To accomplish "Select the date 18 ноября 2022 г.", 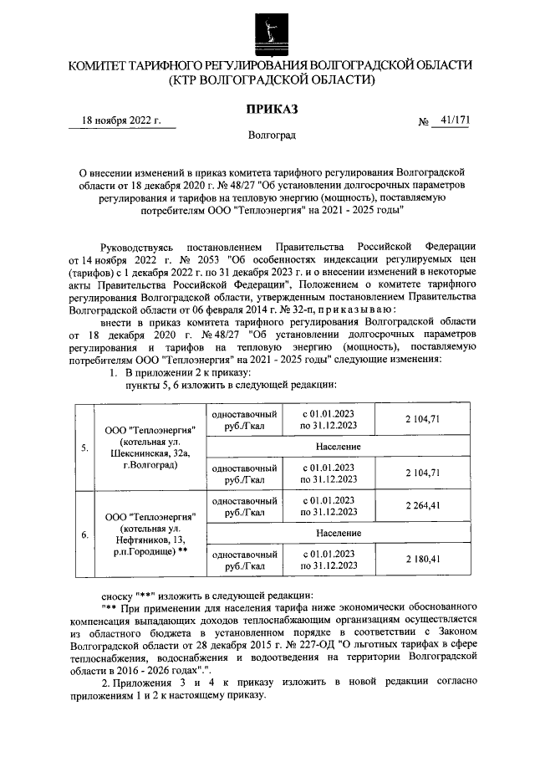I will coord(121,120).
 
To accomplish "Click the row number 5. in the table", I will coord(85,448).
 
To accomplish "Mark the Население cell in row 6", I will coord(338,532).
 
